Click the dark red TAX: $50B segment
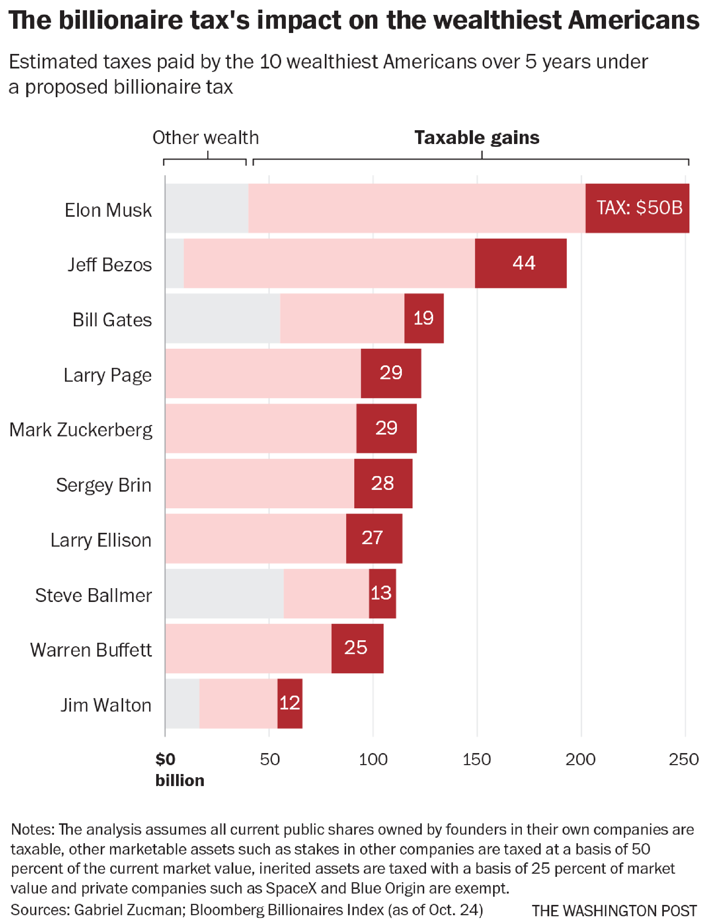point(637,208)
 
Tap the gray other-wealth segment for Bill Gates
point(222,318)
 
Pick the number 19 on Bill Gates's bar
point(424,318)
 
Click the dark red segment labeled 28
point(383,483)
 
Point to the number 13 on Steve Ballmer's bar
point(381,593)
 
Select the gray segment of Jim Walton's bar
point(182,703)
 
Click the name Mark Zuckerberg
point(81,430)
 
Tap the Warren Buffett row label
point(91,650)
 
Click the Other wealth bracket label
point(206,138)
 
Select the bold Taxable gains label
point(477,138)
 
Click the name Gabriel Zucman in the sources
point(128,910)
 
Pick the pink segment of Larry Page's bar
point(263,373)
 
